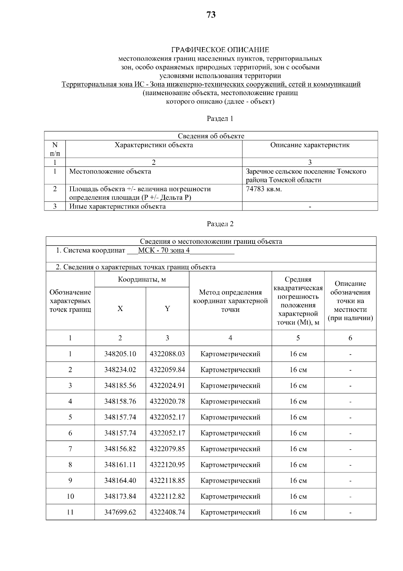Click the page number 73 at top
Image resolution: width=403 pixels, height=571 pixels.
[211, 15]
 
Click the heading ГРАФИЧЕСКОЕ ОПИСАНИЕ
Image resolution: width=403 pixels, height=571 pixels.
[220, 50]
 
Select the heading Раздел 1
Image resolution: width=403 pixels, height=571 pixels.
[220, 119]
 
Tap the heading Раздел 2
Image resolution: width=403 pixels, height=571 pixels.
[220, 224]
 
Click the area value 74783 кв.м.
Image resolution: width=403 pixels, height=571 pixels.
[264, 189]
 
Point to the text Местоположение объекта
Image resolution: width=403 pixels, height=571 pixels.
[110, 172]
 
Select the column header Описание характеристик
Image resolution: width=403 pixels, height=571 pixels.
[310, 145]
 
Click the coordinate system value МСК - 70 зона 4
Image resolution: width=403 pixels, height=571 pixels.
[164, 251]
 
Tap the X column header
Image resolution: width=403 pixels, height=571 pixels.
[120, 309]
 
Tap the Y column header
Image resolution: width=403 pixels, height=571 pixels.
[167, 309]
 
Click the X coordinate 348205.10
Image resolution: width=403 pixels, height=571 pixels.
[120, 354]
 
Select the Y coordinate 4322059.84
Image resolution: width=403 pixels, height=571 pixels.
[167, 370]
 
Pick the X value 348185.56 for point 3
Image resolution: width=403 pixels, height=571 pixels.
[120, 386]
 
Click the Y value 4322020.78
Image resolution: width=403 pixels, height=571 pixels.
[167, 402]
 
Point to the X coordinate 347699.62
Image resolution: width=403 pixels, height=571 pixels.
[120, 512]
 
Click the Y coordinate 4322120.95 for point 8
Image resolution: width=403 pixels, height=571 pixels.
[167, 465]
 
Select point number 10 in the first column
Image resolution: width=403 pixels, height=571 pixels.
[70, 497]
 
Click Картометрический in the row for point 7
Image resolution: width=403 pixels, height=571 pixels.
[230, 449]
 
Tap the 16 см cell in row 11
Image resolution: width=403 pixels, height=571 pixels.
[298, 512]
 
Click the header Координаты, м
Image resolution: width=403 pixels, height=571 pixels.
[142, 280]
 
